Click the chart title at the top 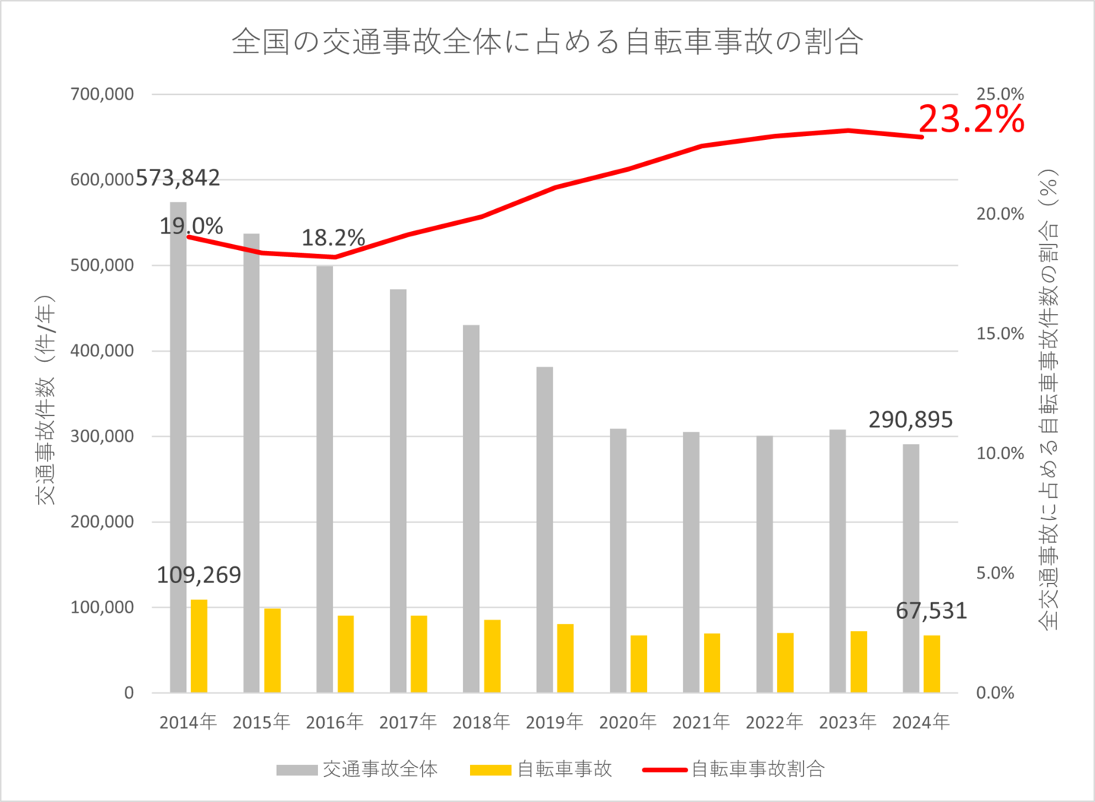tap(547, 42)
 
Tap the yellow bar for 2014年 tap(199, 646)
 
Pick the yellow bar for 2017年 tap(419, 654)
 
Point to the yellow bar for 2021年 tap(712, 663)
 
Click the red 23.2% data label tap(971, 119)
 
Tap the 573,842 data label tap(177, 178)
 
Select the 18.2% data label tap(333, 238)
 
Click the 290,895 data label tap(910, 420)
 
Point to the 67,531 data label tap(931, 610)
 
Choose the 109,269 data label tap(199, 575)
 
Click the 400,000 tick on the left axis tap(102, 350)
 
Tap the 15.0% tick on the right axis tap(1000, 334)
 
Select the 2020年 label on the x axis tap(627, 722)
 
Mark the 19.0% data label tap(191, 226)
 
